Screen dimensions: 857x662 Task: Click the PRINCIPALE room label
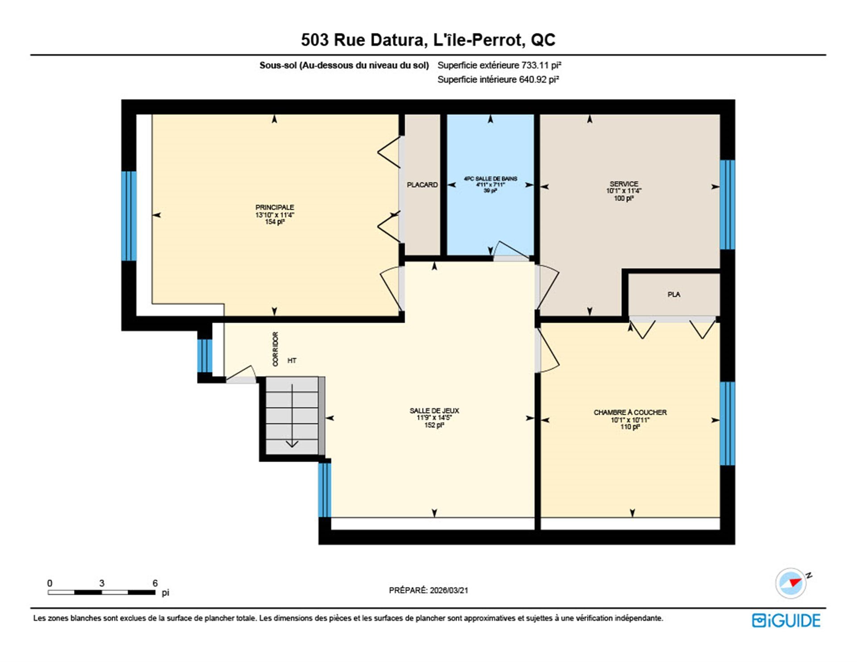pos(275,207)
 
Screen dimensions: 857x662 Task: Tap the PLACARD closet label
pos(422,185)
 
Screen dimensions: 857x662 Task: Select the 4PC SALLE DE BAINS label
pos(490,179)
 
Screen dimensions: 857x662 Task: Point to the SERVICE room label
pos(624,184)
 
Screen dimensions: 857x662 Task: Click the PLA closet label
pos(674,295)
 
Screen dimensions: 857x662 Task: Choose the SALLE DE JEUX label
pos(434,411)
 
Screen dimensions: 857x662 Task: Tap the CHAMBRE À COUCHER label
pos(630,412)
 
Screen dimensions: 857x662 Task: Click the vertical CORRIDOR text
pos(275,349)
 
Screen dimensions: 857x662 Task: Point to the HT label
pos(292,361)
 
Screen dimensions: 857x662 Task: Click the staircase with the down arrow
pos(292,416)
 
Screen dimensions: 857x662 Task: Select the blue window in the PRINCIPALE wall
pos(129,216)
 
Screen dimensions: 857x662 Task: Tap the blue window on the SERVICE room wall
pos(728,205)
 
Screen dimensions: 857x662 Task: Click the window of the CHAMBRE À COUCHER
pos(728,424)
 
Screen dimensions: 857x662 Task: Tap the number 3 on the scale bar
pos(102,583)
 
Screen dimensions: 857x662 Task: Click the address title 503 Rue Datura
pos(428,40)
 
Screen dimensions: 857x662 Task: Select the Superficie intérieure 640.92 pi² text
pos(498,79)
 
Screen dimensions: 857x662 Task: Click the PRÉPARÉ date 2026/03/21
pos(428,590)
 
